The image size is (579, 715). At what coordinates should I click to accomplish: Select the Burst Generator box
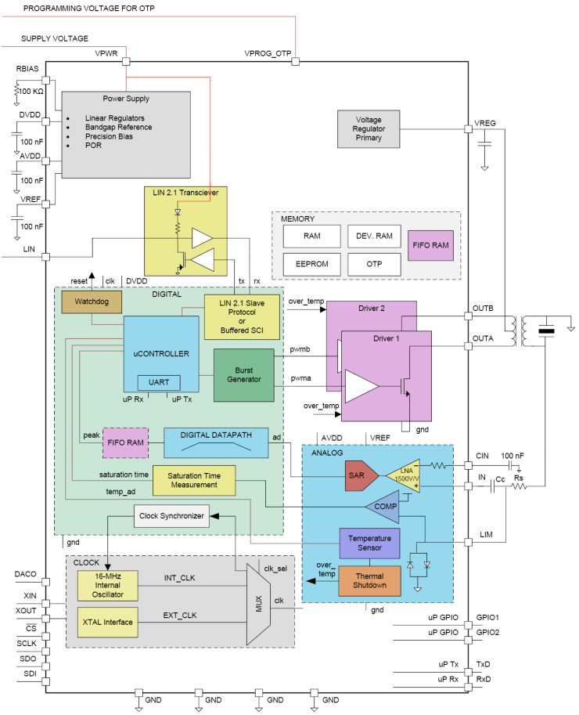pyautogui.click(x=243, y=375)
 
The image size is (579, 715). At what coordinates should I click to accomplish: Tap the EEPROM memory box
pyautogui.click(x=311, y=264)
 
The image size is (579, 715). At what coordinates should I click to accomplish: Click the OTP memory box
pyautogui.click(x=373, y=264)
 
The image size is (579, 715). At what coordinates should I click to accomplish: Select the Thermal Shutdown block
pyautogui.click(x=369, y=581)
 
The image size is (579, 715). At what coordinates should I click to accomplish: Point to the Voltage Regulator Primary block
pyautogui.click(x=369, y=128)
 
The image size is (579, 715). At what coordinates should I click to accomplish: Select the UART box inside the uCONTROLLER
pyautogui.click(x=159, y=382)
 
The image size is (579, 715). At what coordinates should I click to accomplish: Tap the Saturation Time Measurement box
pyautogui.click(x=194, y=479)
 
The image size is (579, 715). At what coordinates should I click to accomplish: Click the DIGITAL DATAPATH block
pyautogui.click(x=215, y=442)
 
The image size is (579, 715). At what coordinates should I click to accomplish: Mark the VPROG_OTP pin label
pyautogui.click(x=268, y=53)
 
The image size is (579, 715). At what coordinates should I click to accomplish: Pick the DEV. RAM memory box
pyautogui.click(x=373, y=235)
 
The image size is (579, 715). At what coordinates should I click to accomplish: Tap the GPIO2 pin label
pyautogui.click(x=487, y=632)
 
